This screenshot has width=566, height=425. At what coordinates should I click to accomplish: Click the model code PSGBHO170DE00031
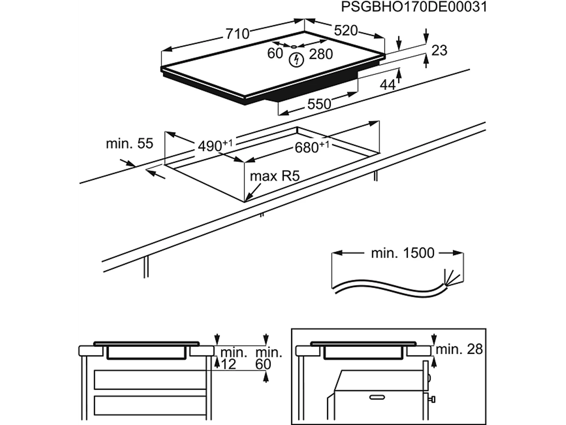click(414, 7)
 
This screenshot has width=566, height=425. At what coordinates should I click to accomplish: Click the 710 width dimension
click(237, 34)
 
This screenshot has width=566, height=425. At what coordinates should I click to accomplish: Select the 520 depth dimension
click(346, 30)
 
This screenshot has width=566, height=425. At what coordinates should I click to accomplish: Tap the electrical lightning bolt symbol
click(297, 60)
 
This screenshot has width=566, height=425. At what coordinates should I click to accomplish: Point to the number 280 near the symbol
click(321, 54)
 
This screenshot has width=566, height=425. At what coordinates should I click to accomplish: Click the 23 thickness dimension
click(439, 50)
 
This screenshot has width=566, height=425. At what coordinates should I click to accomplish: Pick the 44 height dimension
click(388, 85)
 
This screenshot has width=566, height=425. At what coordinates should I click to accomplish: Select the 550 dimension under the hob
click(319, 104)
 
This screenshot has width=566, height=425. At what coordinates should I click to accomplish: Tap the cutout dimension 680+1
click(311, 147)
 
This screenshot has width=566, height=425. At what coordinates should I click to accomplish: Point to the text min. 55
click(129, 143)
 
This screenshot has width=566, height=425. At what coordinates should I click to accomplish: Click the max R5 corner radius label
click(275, 176)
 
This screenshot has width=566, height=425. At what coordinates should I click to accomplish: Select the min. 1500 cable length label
click(403, 253)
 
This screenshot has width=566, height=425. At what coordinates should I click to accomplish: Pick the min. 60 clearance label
click(268, 358)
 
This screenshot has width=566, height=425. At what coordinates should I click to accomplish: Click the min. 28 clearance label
click(459, 349)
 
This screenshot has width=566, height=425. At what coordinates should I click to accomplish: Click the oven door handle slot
click(377, 397)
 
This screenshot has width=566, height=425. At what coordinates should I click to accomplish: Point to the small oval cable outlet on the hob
click(294, 46)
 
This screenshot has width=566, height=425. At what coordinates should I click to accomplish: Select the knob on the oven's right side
click(432, 399)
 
